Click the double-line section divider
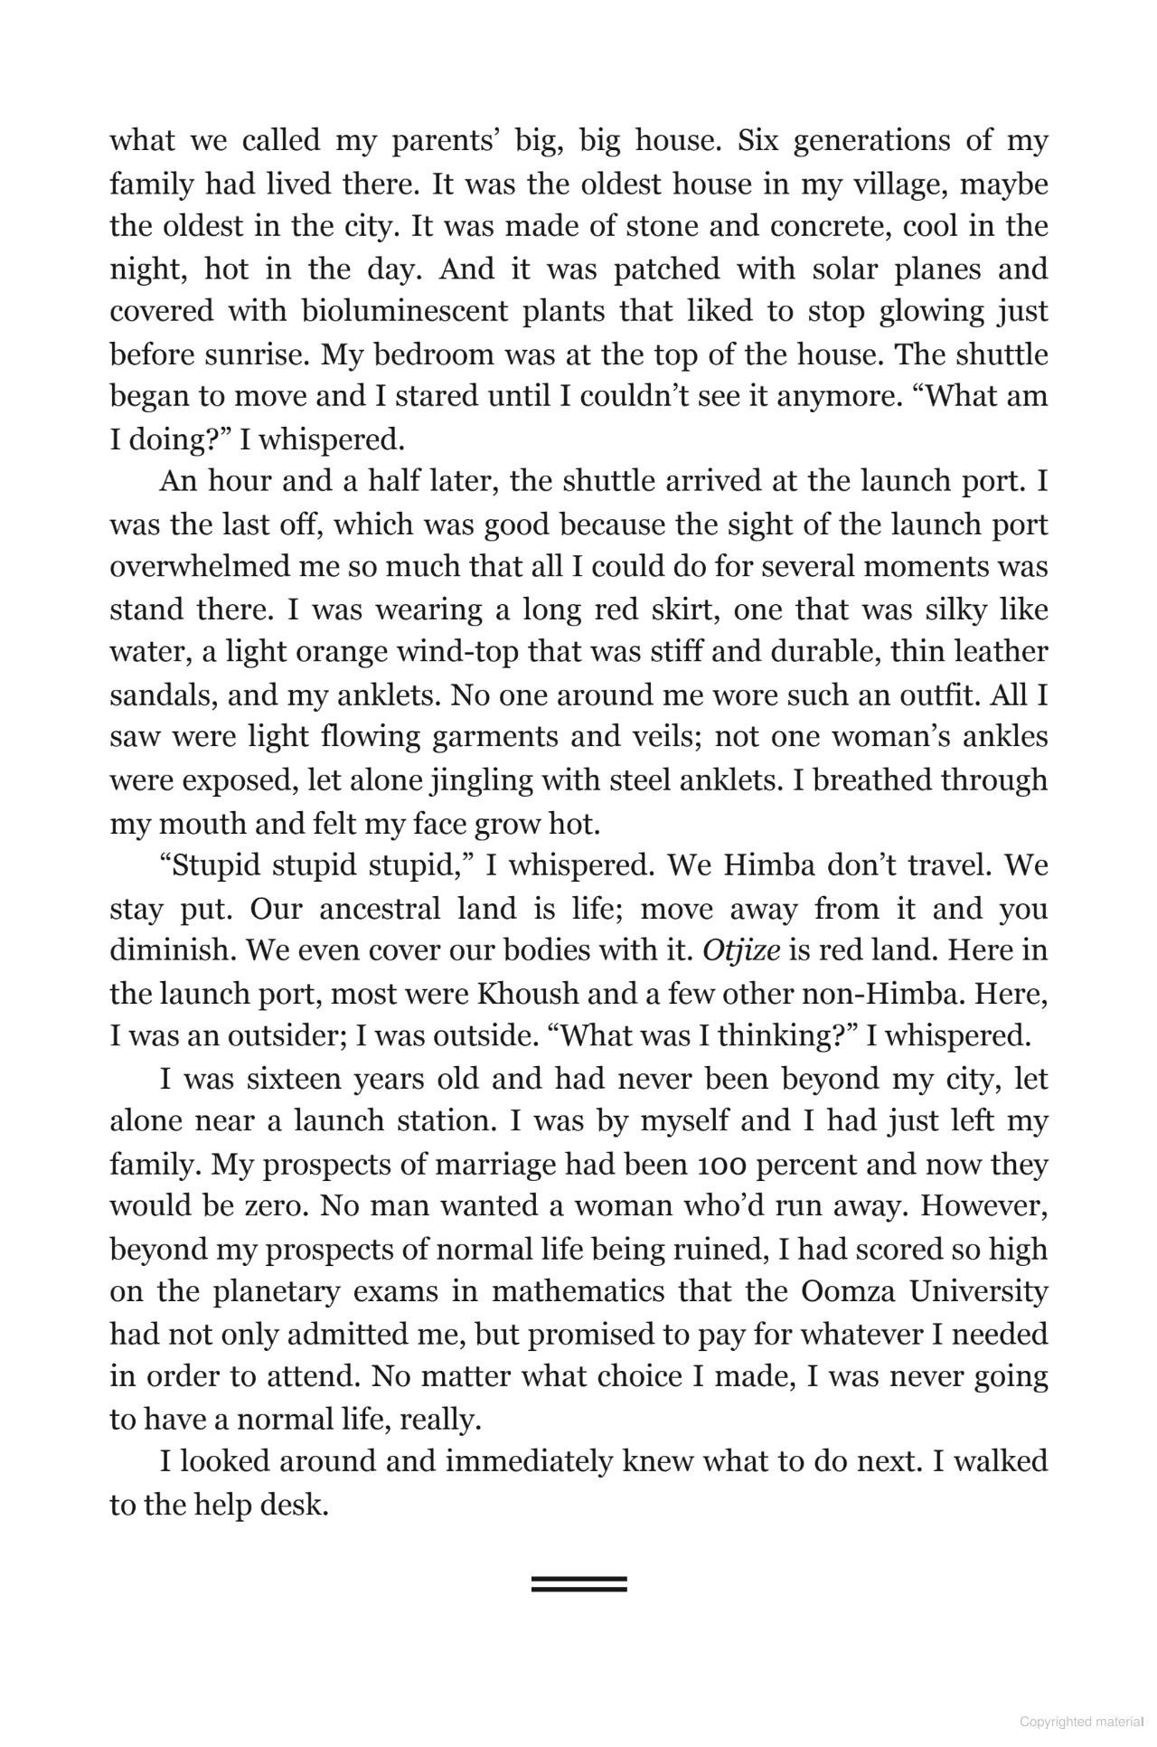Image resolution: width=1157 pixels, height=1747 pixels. [578, 1583]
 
